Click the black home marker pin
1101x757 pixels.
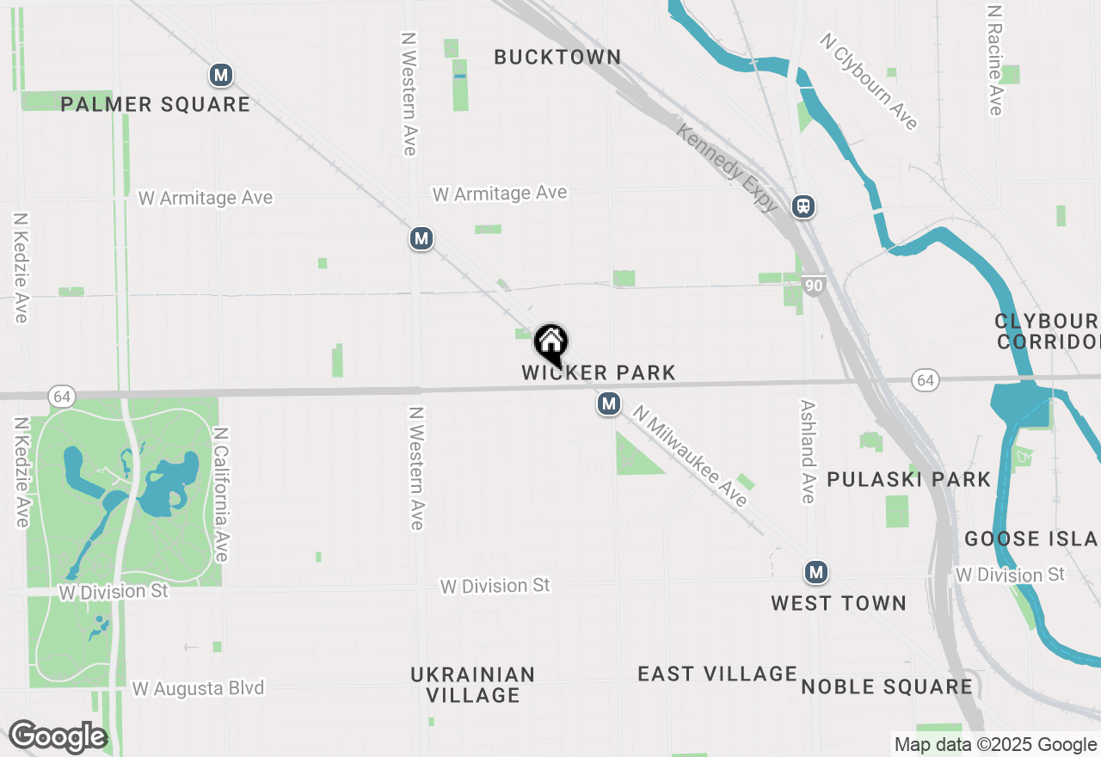pos(551,342)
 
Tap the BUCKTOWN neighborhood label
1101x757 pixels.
pos(557,58)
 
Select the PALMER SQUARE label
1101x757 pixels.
pos(156,105)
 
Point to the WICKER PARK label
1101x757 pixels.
pos(599,372)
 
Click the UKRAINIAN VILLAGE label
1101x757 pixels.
pos(473,685)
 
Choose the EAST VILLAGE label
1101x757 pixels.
pos(717,674)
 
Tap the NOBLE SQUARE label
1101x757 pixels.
pos(887,686)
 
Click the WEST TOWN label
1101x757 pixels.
pos(839,603)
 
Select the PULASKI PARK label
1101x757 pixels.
pos(909,479)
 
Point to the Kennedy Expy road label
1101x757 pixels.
pos(728,168)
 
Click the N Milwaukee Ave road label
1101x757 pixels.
pos(690,456)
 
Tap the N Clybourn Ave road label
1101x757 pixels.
pos(869,82)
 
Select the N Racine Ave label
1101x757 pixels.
pos(995,60)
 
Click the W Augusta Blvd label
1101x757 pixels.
pos(198,688)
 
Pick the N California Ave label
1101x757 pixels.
pos(220,495)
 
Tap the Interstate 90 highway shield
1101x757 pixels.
pos(815,286)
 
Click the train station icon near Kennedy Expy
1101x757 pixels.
pos(803,206)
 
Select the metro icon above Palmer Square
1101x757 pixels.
pos(221,75)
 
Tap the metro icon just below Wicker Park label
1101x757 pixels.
pos(609,403)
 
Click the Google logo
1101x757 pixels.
pos(58,737)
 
